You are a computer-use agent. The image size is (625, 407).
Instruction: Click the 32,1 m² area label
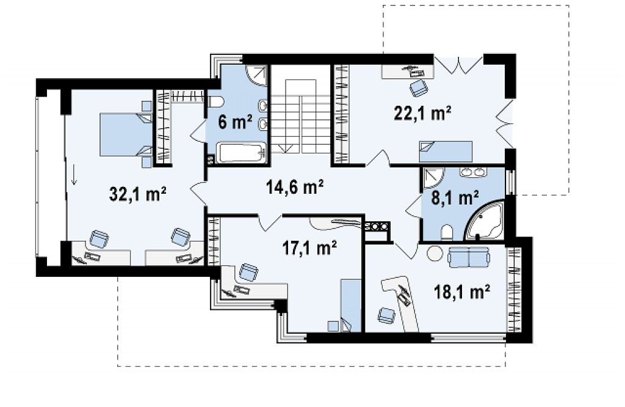click(137, 195)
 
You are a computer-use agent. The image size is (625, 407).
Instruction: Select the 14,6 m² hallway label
click(295, 186)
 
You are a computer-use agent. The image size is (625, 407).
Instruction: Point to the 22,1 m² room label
click(422, 113)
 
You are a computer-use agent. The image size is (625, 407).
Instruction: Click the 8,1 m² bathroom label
click(455, 197)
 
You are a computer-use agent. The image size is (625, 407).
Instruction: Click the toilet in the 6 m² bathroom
click(214, 103)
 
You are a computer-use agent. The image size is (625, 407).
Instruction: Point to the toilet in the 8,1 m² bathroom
click(447, 233)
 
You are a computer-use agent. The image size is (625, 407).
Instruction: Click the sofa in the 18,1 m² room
click(469, 257)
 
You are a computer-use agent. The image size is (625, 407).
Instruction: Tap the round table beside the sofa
click(435, 253)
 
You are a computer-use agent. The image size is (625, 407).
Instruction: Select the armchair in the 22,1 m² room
click(417, 87)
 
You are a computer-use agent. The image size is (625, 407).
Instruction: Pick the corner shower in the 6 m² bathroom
click(256, 75)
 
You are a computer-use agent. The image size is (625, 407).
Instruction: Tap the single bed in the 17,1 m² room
click(351, 306)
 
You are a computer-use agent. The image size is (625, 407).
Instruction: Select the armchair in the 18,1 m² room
click(386, 315)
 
